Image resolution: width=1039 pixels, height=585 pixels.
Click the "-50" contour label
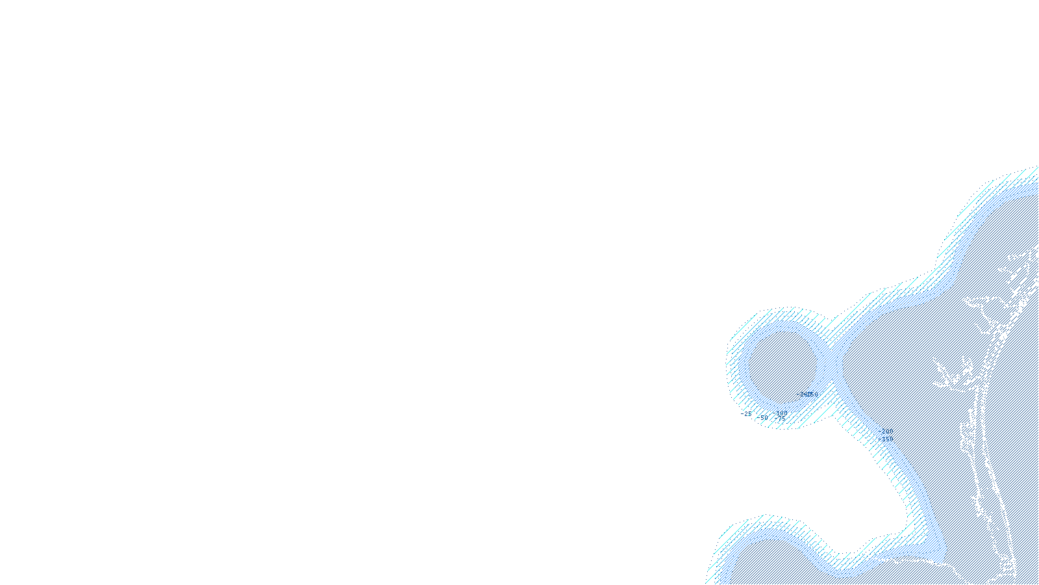pos(762,417)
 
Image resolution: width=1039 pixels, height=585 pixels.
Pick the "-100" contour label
pos(782,413)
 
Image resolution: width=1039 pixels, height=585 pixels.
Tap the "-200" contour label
pos(887,432)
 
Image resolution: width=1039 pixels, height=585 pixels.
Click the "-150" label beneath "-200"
pos(887,439)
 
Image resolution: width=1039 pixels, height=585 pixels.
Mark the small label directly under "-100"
pos(782,419)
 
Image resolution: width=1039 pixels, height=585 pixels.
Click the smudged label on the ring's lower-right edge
pos(808,394)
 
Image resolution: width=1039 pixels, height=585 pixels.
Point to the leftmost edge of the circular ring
pos(727,364)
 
